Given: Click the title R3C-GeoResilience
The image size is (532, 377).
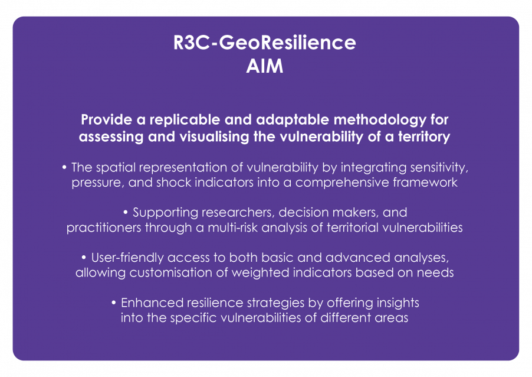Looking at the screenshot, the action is (x=265, y=43).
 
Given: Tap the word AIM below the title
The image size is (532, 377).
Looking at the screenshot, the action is (x=265, y=66).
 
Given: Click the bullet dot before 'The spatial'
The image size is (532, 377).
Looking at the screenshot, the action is (x=64, y=167).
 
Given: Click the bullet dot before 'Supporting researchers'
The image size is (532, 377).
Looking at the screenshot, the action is (x=126, y=213).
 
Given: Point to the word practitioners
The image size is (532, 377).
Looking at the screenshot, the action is (x=104, y=227).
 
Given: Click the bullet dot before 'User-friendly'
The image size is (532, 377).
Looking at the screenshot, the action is (x=84, y=258).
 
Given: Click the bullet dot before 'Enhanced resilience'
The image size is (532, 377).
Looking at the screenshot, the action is (x=114, y=303).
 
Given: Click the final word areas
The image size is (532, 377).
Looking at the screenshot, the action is (x=391, y=318).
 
